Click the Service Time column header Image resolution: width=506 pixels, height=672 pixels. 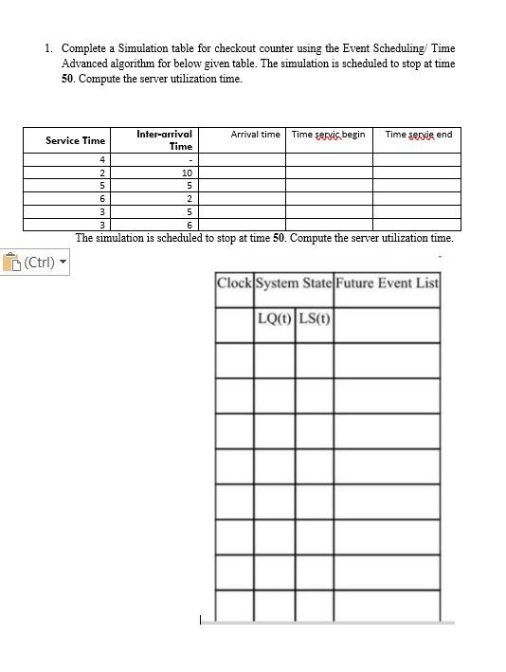76,140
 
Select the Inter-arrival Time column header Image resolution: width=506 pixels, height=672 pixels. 165,140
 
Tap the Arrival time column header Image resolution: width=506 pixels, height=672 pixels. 255,135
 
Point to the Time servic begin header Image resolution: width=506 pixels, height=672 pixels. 328,135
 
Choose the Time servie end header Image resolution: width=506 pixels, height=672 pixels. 418,135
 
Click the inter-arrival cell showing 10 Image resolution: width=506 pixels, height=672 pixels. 187,173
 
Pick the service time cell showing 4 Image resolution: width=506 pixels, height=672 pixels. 101,160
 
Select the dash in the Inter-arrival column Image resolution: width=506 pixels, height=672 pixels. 190,160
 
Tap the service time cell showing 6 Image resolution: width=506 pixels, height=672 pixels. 101,199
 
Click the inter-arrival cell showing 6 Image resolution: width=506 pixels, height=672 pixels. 189,225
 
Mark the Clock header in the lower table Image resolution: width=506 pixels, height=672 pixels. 234,282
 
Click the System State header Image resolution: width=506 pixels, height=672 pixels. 293,282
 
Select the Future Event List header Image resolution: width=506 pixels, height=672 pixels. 387,282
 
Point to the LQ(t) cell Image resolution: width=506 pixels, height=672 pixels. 274,318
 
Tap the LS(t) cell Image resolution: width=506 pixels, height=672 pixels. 314,318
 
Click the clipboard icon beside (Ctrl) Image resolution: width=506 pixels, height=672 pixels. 11,263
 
